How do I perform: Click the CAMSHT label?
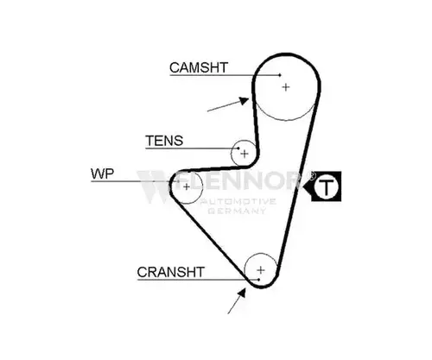coord(199,68)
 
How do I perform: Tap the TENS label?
coord(164,141)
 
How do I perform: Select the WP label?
coord(102,174)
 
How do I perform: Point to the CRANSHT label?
coord(171,272)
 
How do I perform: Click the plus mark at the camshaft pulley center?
coord(286,87)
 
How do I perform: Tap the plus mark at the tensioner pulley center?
coord(245,154)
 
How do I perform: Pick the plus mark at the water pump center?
coord(187,186)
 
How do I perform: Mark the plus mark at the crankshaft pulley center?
coord(261,270)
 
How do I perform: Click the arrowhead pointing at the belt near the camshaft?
coord(245,101)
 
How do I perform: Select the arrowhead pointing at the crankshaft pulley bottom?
coord(242,293)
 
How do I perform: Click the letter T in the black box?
coord(326,186)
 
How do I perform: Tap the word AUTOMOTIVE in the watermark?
coord(238,201)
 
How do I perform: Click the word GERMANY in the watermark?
coord(237,211)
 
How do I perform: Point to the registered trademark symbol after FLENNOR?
coord(312,175)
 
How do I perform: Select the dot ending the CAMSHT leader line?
coord(280,75)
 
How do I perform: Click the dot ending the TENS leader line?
coord(238,148)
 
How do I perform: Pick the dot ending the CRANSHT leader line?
coord(259,280)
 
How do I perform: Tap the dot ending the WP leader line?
coord(178,181)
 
